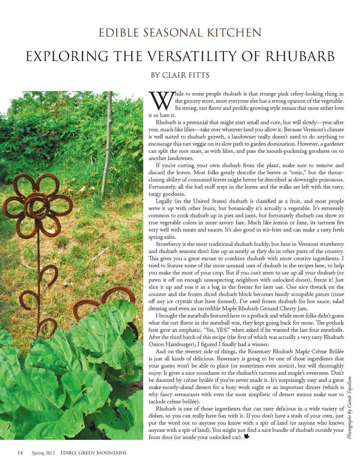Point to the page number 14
(20, 453)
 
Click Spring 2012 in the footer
(43, 453)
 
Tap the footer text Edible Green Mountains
(93, 453)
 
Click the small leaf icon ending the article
(247, 437)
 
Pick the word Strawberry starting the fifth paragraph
(168, 244)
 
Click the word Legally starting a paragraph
(164, 201)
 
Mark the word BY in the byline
(155, 75)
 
